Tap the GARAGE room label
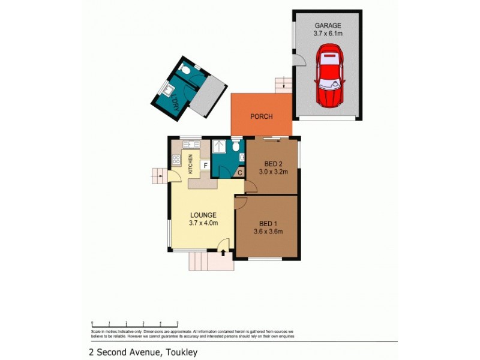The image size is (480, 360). tap(328, 26)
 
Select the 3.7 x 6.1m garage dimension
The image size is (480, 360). tap(328, 34)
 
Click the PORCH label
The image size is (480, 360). tap(262, 116)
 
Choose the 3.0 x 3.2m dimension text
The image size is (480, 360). tap(274, 172)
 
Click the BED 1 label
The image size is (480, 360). tap(267, 223)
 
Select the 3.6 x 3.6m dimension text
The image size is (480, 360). tap(267, 231)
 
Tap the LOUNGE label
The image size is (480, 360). tap(203, 215)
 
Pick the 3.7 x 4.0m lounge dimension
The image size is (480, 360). tap(203, 223)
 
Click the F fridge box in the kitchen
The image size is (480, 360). tap(205, 164)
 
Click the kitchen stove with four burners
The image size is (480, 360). tap(177, 160)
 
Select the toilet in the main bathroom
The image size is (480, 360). tap(236, 146)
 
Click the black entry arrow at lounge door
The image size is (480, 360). tap(223, 253)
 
